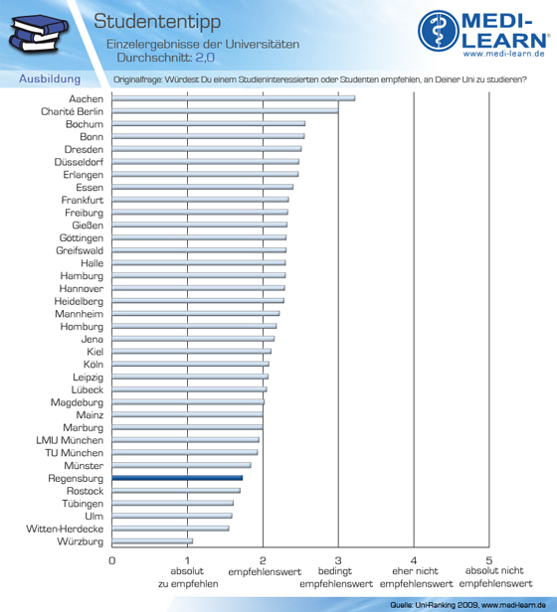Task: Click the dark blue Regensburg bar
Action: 177,478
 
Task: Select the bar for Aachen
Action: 234,98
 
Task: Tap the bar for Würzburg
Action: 152,540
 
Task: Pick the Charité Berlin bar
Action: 225,111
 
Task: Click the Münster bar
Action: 181,465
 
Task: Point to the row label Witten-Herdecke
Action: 65,529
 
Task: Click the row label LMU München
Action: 70,440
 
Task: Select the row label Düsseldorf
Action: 79,162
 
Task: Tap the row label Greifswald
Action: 80,250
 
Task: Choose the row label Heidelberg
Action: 79,301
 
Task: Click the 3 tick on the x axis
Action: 338,561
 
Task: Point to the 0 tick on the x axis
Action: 112,561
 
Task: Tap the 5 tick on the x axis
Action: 489,561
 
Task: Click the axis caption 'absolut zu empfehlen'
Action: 188,577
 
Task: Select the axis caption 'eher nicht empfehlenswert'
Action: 416,577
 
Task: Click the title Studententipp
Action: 157,22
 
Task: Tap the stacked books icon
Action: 38,33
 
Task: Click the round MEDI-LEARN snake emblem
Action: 438,31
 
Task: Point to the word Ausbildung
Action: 50,78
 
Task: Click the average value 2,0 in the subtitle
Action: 205,58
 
